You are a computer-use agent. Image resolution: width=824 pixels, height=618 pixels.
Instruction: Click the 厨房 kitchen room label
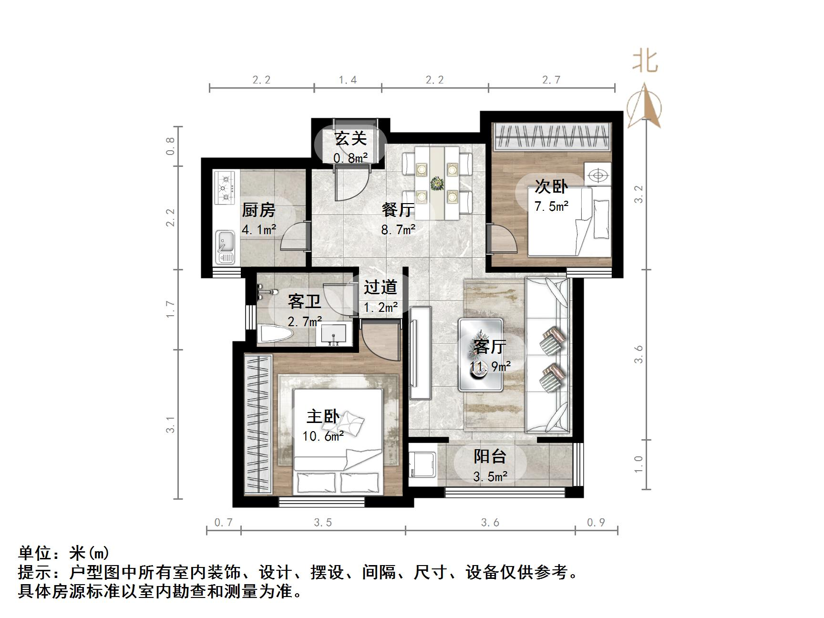258,210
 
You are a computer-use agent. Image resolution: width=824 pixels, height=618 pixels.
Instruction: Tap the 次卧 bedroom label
551,186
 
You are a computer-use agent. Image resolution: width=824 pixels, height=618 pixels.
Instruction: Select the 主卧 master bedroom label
323,416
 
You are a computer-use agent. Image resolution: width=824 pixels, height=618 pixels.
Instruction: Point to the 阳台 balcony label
490,456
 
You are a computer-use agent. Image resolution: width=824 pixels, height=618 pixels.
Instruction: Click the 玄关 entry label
350,139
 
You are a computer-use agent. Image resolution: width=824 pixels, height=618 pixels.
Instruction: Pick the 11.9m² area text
490,366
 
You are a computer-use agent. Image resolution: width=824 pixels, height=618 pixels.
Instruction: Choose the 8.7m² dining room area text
398,230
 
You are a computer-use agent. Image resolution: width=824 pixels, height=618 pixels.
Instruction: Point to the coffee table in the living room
481,355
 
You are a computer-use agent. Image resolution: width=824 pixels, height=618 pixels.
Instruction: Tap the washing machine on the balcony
422,464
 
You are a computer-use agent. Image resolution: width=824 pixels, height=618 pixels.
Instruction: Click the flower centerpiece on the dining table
436,183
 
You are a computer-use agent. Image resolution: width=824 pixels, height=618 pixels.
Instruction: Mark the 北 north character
646,62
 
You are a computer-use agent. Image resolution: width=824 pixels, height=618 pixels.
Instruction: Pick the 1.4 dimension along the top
348,80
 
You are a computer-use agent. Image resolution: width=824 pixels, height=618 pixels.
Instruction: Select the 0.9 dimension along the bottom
596,523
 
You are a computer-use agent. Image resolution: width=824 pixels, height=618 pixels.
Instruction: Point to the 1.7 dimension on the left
171,309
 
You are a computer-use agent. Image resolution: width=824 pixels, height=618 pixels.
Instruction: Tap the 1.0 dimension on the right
639,463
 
